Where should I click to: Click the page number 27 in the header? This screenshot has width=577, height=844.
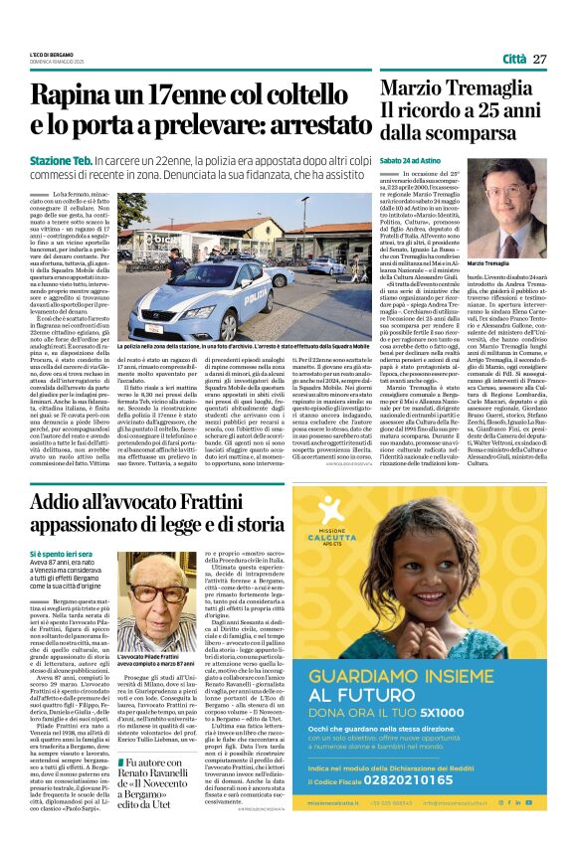[x=540, y=59]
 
